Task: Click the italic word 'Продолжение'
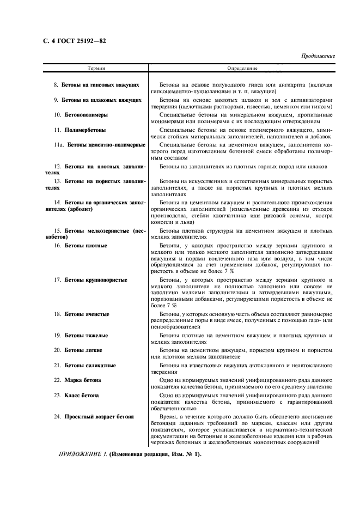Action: [x=318, y=56]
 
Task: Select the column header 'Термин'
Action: [x=96, y=69]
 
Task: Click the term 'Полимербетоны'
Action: [x=85, y=130]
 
